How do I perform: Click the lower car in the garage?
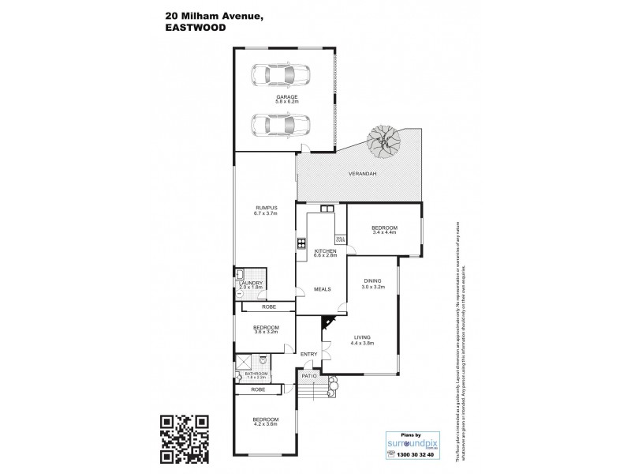pyautogui.click(x=281, y=125)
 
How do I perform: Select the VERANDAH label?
pyautogui.click(x=360, y=175)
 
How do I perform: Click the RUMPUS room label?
pyautogui.click(x=264, y=208)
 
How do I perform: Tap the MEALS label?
pyautogui.click(x=323, y=288)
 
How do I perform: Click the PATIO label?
pyautogui.click(x=309, y=375)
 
